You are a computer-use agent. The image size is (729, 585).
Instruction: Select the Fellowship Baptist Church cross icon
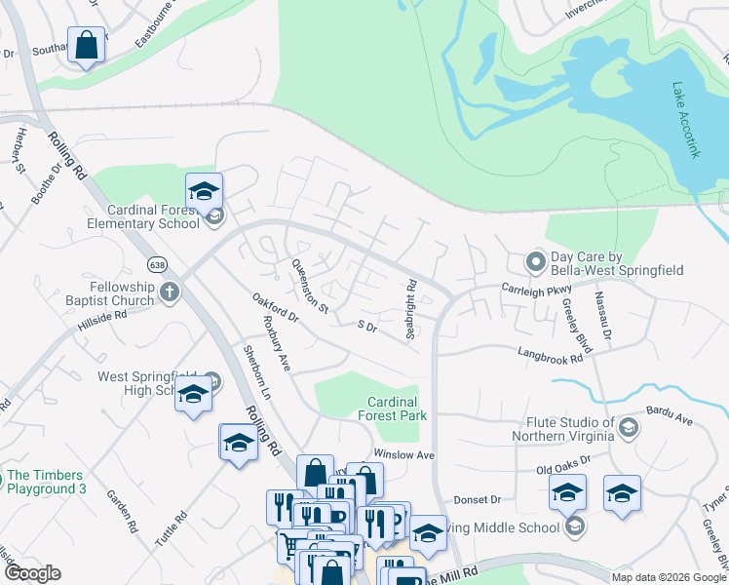coord(170,292)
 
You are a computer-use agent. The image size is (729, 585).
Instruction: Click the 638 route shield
coord(157,265)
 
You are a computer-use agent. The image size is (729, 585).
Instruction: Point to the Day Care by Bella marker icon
coord(535,261)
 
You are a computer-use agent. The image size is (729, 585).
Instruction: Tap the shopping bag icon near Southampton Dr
coord(86,45)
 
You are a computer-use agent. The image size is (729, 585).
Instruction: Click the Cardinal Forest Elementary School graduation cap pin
coord(205,191)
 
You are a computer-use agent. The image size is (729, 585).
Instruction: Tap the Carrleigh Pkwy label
coord(535,290)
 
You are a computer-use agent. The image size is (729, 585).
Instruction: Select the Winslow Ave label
coord(403,454)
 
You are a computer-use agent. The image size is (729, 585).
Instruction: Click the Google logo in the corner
coord(32,573)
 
